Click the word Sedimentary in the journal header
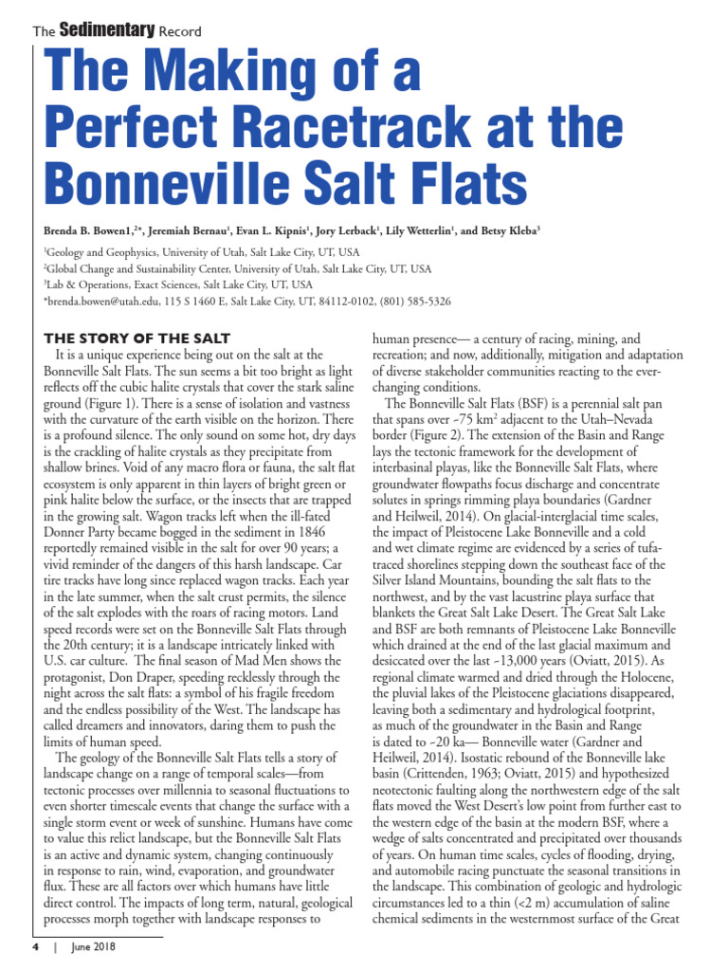point(107,30)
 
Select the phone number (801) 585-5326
point(415,301)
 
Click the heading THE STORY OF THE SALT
point(136,339)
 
